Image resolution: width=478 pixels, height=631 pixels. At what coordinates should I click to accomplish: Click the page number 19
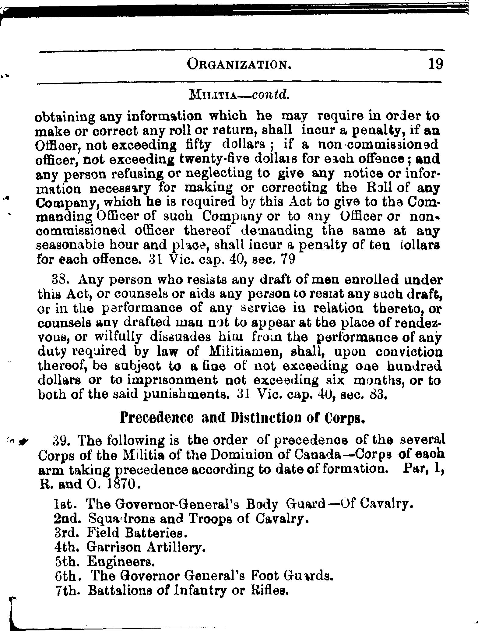435,65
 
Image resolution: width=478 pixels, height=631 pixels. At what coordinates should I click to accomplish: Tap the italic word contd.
270,96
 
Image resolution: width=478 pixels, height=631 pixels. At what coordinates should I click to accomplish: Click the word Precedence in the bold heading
156,418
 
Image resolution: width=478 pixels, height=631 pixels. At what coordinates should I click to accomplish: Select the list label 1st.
65,505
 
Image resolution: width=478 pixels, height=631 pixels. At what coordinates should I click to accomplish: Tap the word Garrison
114,547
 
